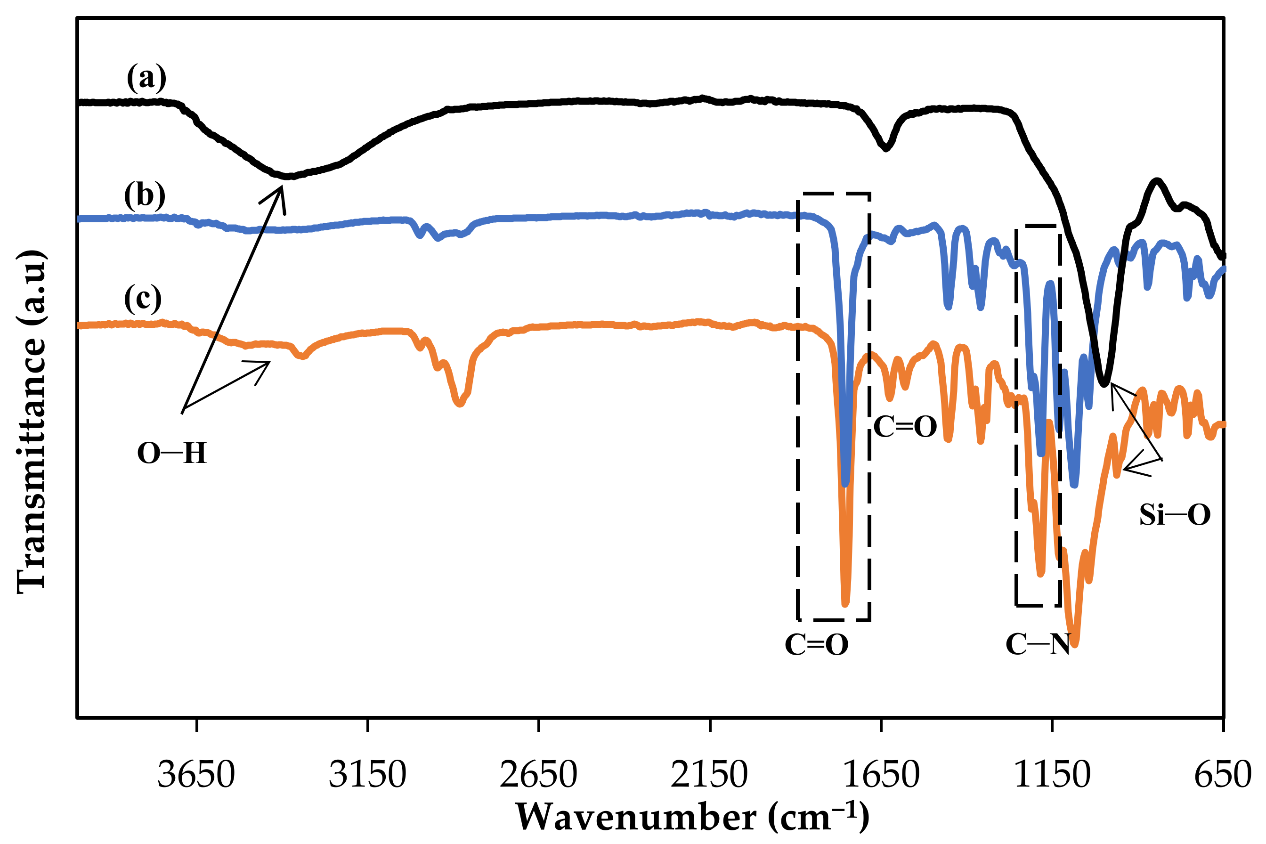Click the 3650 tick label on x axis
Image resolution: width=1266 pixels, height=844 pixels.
coord(196,776)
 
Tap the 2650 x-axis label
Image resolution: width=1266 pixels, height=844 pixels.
coord(538,776)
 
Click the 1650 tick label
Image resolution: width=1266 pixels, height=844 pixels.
coord(881,776)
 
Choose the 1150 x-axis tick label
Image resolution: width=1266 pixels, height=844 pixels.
coord(1052,776)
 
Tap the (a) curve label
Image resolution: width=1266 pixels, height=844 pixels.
coord(146,78)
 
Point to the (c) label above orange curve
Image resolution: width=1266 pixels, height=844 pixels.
coord(143,298)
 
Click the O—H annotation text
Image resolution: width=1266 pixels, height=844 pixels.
coord(172,453)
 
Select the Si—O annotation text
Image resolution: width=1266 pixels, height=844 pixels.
coord(1175,515)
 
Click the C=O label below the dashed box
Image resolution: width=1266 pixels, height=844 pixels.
coord(817,645)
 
